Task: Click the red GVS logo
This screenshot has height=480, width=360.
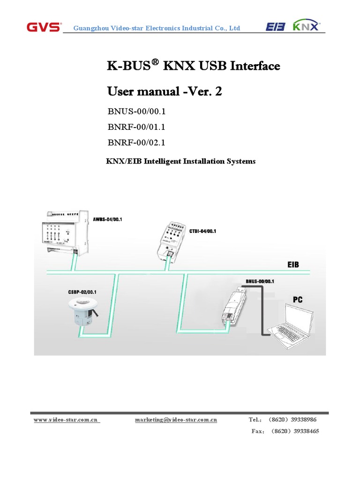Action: click(x=44, y=27)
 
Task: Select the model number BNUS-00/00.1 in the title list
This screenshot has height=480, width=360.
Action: click(x=137, y=112)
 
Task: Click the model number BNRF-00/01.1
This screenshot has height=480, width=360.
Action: click(x=136, y=127)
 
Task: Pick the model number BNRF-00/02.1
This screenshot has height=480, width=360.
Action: click(x=136, y=142)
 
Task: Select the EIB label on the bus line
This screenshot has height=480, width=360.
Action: click(x=292, y=265)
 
